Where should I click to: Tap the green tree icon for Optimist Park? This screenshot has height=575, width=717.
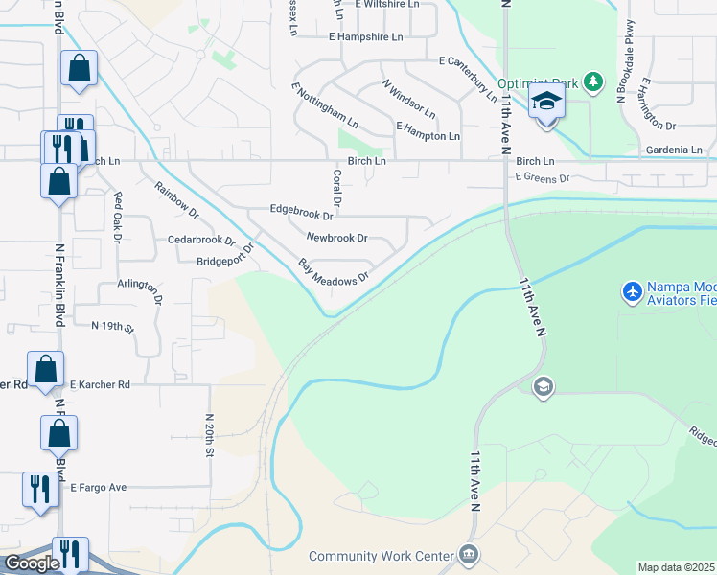click(x=594, y=83)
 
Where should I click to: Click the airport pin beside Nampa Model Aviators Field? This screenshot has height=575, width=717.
click(x=632, y=290)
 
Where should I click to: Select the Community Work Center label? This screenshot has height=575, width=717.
click(x=382, y=556)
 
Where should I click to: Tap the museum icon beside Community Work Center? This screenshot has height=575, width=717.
click(x=468, y=555)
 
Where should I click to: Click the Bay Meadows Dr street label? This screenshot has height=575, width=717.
click(x=333, y=270)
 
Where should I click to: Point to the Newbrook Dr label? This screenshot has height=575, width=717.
click(x=336, y=237)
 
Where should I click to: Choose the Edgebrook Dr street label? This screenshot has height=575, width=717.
click(x=301, y=208)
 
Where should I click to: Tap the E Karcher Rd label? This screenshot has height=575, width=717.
click(x=99, y=384)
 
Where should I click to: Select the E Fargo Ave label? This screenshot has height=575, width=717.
click(x=98, y=487)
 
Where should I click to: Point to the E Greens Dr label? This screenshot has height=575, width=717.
click(x=542, y=177)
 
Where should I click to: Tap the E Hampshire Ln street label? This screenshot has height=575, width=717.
click(x=365, y=36)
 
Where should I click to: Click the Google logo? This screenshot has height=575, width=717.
click(x=32, y=563)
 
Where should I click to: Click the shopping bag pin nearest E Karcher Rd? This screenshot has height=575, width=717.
click(x=45, y=368)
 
